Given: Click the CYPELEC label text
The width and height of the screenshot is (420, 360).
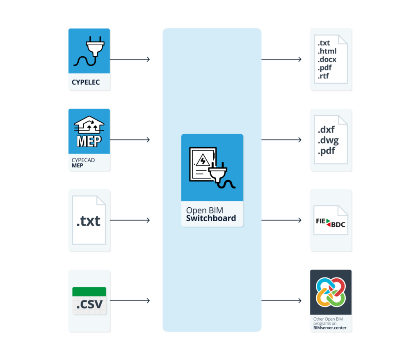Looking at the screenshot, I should pos(86,83).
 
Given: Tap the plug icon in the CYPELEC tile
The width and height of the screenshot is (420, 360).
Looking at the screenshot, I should pos(89,51).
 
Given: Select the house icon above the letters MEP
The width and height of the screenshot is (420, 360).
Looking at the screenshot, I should pos(89,124).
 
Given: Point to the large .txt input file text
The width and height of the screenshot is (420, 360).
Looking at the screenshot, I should pos(89,221).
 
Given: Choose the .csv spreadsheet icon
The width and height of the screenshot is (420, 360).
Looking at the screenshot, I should pos(89,301).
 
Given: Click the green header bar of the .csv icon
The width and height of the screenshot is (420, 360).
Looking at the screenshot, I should pos(89,291).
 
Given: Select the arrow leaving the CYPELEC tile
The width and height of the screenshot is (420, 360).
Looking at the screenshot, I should pos(130,60).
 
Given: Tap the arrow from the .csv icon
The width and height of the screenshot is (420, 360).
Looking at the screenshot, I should pos(130,301).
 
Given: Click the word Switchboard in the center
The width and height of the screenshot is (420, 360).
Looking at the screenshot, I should pos(211,218).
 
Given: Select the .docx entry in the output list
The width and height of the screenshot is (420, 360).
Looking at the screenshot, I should pos(327,60).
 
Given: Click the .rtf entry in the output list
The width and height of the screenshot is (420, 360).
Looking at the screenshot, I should pos(323,76).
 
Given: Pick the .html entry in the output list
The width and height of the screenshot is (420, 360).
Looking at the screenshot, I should pos(327,51).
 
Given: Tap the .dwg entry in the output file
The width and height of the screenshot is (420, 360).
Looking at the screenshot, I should pos(328,140).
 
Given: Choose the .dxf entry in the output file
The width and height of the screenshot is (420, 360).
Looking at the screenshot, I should pos(326,130).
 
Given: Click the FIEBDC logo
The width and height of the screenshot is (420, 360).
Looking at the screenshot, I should pos(331,223).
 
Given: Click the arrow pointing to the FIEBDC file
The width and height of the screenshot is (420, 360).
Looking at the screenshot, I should pos(281,220).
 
